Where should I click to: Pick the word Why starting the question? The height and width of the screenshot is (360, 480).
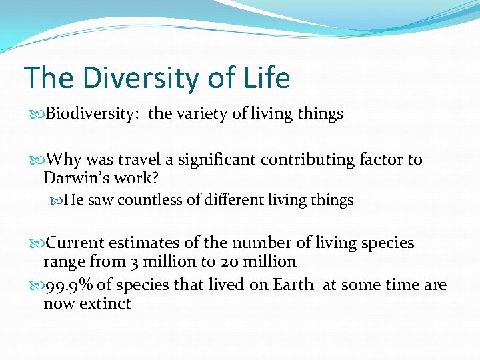(63, 160)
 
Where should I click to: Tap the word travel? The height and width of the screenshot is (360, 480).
(137, 160)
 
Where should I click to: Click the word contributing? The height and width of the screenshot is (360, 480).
(309, 160)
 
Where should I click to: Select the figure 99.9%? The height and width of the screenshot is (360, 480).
(69, 285)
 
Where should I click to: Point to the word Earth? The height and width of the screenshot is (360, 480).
(293, 285)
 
